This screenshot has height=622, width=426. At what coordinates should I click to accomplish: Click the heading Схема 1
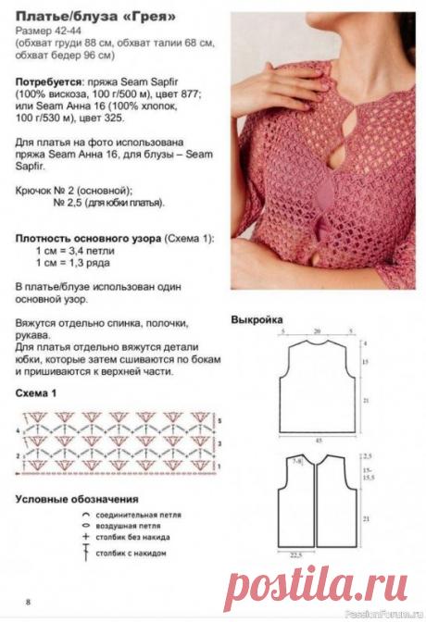click(x=42, y=393)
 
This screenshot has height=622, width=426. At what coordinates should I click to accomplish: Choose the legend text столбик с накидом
click(x=130, y=553)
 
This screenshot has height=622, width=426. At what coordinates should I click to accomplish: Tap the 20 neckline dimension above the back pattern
click(x=317, y=330)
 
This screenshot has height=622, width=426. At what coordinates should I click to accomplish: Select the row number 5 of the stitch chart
click(x=219, y=421)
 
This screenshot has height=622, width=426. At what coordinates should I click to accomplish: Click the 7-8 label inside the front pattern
click(x=298, y=460)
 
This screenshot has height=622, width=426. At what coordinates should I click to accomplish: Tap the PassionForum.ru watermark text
click(x=388, y=613)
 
